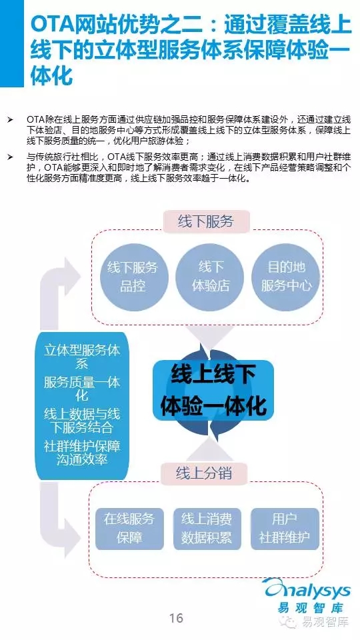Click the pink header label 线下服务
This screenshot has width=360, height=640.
coord(206,221)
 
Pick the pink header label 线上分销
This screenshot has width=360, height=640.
coord(204,473)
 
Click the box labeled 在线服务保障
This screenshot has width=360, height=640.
coord(129,528)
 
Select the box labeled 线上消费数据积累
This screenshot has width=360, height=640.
coord(207,528)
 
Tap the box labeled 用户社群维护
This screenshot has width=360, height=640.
coord(285,528)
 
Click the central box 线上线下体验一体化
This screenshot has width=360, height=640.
coord(213,390)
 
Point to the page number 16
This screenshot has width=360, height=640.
coord(176,618)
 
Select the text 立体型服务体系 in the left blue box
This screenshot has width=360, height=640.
coord(82,357)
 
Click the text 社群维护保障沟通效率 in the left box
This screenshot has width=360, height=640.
coord(82,453)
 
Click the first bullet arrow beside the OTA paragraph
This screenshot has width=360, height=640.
coord(10,120)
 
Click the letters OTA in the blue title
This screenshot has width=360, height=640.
coord(51,26)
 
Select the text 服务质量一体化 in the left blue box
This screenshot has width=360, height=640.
coord(82,389)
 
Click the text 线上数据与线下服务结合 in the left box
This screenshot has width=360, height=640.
coord(82,421)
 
